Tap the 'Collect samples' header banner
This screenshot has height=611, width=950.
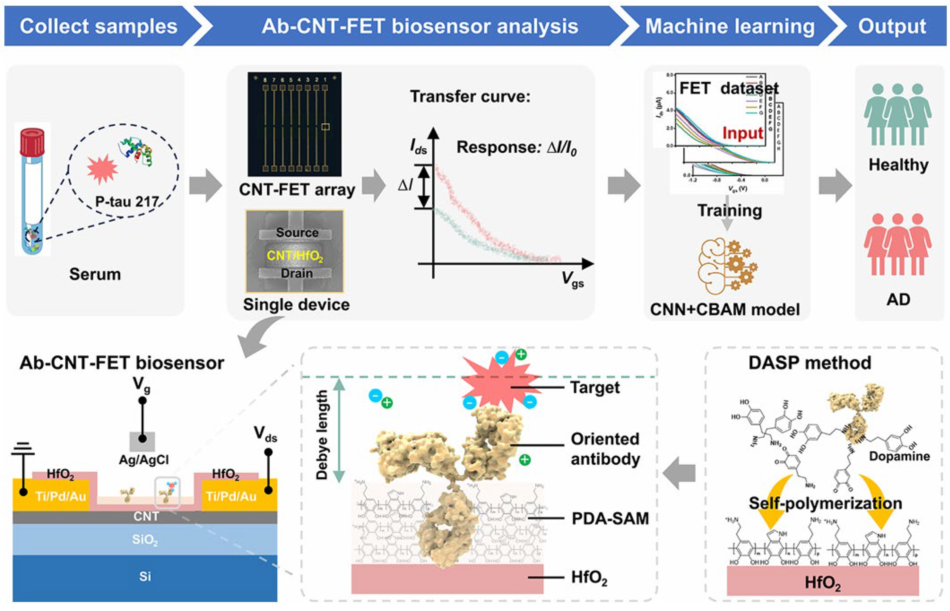pyautogui.click(x=98, y=27)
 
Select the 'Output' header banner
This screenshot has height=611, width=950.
pyautogui.click(x=892, y=27)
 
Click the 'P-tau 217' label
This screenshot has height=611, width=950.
pyautogui.click(x=127, y=202)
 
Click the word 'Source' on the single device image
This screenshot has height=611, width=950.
pyautogui.click(x=297, y=232)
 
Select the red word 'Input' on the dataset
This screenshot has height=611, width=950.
pyautogui.click(x=742, y=133)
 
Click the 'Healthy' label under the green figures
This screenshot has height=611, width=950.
pyautogui.click(x=898, y=164)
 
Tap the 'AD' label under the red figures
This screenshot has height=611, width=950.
pyautogui.click(x=898, y=299)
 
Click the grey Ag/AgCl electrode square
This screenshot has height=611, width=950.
pyautogui.click(x=142, y=441)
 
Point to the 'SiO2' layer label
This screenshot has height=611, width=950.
pyautogui.click(x=145, y=540)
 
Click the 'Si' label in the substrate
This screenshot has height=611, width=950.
pyautogui.click(x=145, y=576)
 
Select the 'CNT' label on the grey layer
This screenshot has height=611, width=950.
pyautogui.click(x=146, y=516)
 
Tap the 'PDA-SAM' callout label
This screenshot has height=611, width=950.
pyautogui.click(x=610, y=519)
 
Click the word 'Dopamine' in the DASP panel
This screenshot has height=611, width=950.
pyautogui.click(x=899, y=456)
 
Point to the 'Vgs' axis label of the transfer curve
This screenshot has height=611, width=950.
pyautogui.click(x=573, y=279)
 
